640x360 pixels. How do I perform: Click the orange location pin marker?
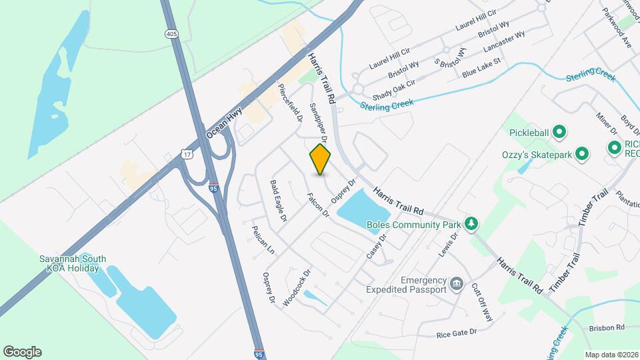(320, 159)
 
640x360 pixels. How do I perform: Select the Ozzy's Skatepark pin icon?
(582, 155)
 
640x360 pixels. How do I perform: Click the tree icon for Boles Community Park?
(471, 223)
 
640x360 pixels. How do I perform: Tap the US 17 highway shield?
(187, 154)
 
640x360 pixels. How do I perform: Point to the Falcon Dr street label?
(318, 205)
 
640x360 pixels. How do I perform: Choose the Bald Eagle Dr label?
(279, 201)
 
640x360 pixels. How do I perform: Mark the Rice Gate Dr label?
(457, 332)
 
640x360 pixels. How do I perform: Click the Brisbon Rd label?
(606, 328)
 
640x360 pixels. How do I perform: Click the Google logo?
(22, 352)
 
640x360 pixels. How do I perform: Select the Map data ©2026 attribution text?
(611, 355)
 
